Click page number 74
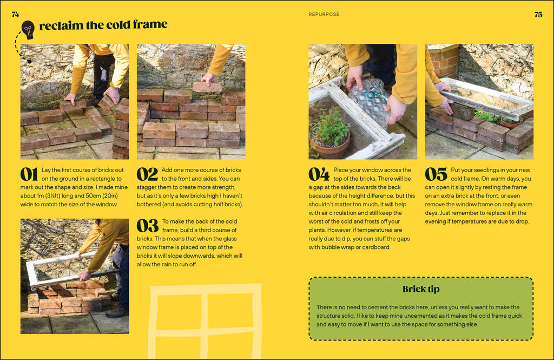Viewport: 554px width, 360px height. [15, 15]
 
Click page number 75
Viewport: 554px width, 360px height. [538, 15]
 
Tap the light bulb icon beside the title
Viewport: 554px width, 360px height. [28, 30]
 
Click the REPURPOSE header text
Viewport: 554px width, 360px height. [324, 15]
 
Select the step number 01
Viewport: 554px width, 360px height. [29, 174]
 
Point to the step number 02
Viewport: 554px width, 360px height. [147, 174]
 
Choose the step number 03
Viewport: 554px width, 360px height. [148, 226]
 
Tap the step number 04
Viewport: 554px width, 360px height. [319, 174]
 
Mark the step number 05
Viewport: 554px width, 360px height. [436, 174]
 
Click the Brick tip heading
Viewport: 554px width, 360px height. [421, 289]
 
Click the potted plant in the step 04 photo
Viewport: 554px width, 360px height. [329, 134]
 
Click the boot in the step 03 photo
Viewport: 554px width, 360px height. [117, 312]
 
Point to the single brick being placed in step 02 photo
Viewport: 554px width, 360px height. [207, 87]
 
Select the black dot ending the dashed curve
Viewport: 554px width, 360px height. [30, 62]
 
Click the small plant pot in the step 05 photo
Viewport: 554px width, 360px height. [511, 122]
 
